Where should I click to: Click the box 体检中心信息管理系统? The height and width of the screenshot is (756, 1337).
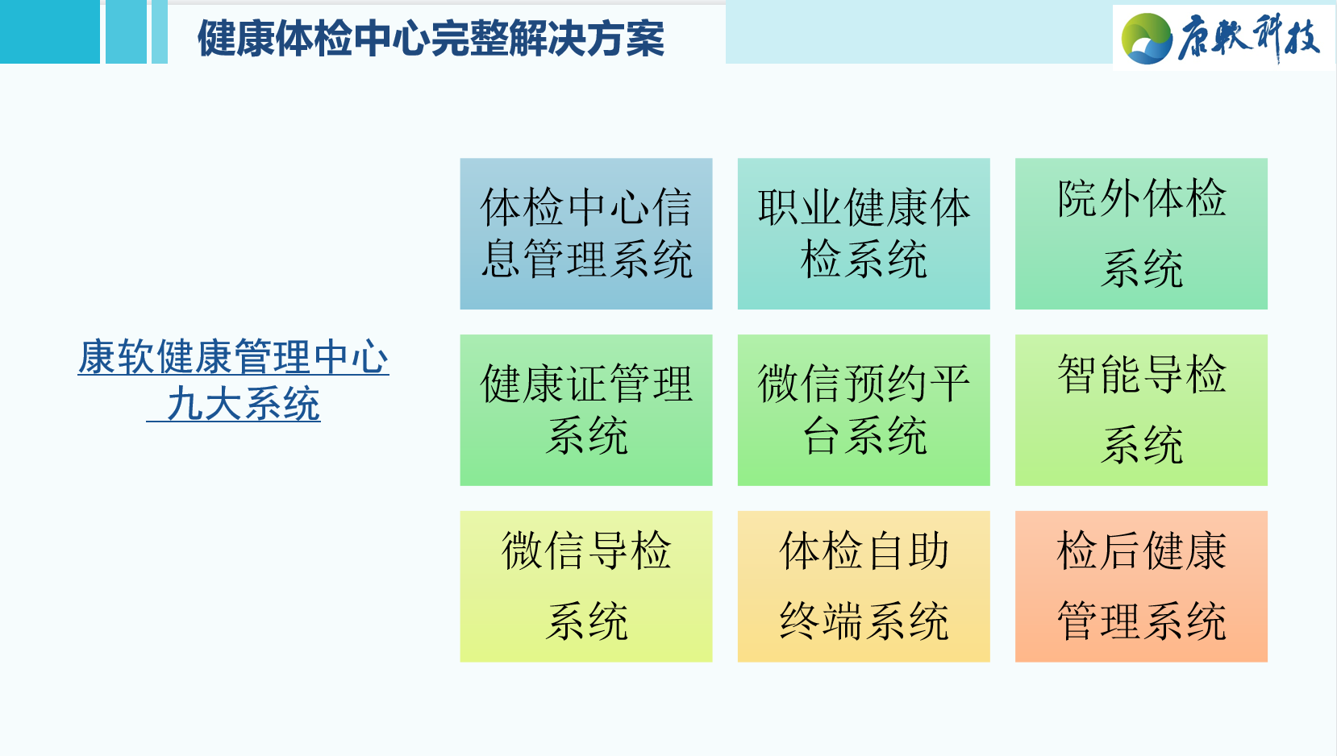(x=586, y=234)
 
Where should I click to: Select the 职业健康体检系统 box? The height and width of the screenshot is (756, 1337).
(x=864, y=234)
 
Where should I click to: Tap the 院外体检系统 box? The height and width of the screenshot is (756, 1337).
(x=1141, y=234)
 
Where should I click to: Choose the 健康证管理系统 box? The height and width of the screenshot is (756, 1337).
(x=586, y=409)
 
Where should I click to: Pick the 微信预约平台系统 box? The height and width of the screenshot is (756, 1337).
(x=864, y=409)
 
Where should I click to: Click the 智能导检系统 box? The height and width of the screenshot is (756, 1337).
(x=1141, y=409)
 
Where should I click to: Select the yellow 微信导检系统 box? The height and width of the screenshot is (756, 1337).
(x=586, y=586)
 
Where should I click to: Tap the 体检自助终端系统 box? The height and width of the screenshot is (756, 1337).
(x=864, y=586)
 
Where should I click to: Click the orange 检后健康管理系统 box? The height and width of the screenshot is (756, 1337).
(x=1141, y=586)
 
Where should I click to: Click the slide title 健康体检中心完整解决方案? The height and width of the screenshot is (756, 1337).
(x=431, y=38)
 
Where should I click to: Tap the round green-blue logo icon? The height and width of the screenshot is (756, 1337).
(x=1147, y=38)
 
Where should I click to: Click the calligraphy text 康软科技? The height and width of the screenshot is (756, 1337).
(x=1248, y=38)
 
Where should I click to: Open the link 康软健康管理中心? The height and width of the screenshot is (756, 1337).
(x=234, y=357)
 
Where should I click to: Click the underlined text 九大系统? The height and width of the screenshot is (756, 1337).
(x=244, y=404)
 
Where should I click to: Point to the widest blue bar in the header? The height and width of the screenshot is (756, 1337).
(x=49, y=31)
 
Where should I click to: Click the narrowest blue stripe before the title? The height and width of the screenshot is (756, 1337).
(x=160, y=31)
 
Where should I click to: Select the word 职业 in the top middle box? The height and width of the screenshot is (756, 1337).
(x=800, y=208)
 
